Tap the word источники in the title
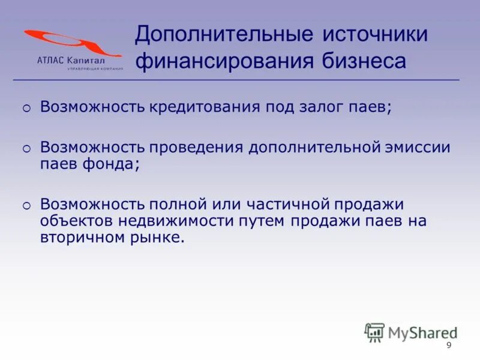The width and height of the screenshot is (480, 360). pyautogui.click(x=376, y=34)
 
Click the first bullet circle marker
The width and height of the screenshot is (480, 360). pyautogui.click(x=26, y=109)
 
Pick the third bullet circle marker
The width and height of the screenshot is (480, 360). pyautogui.click(x=26, y=206)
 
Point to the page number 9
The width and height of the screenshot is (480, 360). pyautogui.click(x=449, y=345)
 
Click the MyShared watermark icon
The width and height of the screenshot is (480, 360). pyautogui.click(x=375, y=331)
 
